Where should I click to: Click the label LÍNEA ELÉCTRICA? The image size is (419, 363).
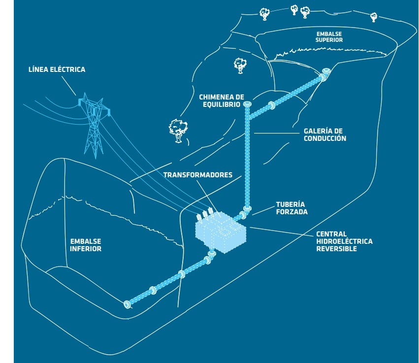pos(57,69)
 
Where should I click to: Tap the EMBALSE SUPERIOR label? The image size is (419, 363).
pos(329,36)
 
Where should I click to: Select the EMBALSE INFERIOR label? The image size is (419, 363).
pos(86,245)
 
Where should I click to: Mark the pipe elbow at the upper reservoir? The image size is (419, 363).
pos(324,75)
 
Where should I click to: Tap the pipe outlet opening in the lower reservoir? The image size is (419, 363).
pos(128,304)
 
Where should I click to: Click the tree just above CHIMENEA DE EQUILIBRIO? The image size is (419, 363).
pos(240,65)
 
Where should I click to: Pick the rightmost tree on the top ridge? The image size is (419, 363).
pos(374,17)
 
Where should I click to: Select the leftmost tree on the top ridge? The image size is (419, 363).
pos(264,13)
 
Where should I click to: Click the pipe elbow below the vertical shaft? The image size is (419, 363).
pos(246,213)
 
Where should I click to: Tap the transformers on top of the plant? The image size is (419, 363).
pos(207,214)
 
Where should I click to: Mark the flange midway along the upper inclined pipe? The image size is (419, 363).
pos(271,105)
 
